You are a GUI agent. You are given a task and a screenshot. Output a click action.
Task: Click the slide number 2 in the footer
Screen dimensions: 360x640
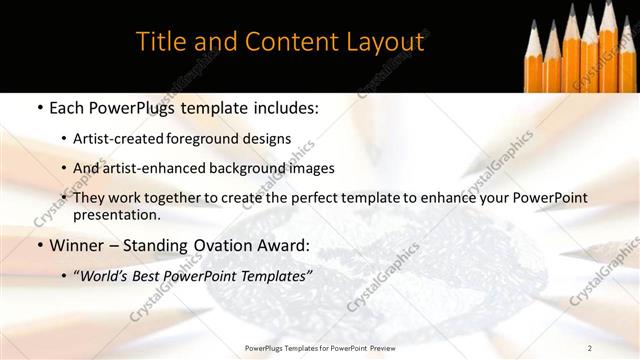pos(590,347)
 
